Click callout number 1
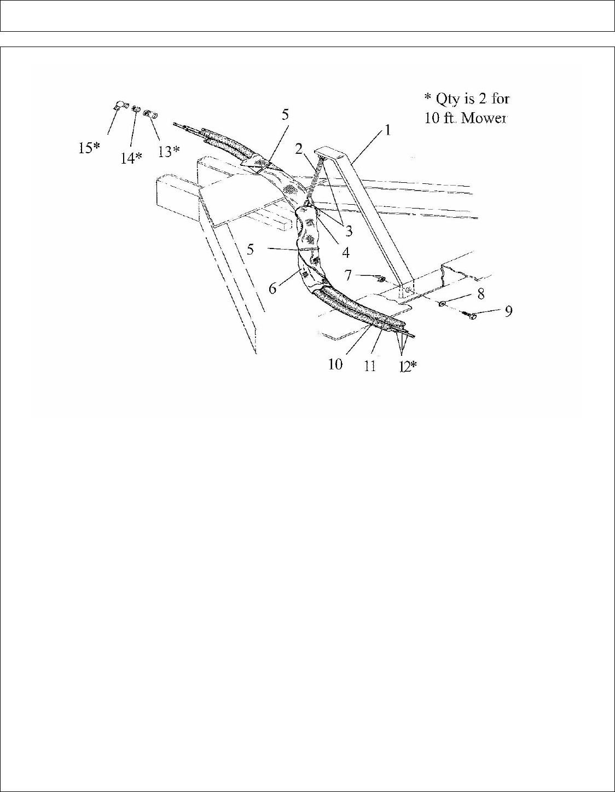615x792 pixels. [387, 130]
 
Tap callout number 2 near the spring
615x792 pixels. [299, 149]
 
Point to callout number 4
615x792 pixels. [345, 253]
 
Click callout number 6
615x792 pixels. [272, 287]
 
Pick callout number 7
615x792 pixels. [347, 274]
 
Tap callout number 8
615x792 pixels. [480, 293]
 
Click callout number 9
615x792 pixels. [508, 311]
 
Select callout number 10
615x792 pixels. [335, 363]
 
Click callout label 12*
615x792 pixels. [406, 365]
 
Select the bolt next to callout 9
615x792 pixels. [471, 316]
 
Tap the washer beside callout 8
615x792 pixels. [442, 303]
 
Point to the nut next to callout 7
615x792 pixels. [381, 280]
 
